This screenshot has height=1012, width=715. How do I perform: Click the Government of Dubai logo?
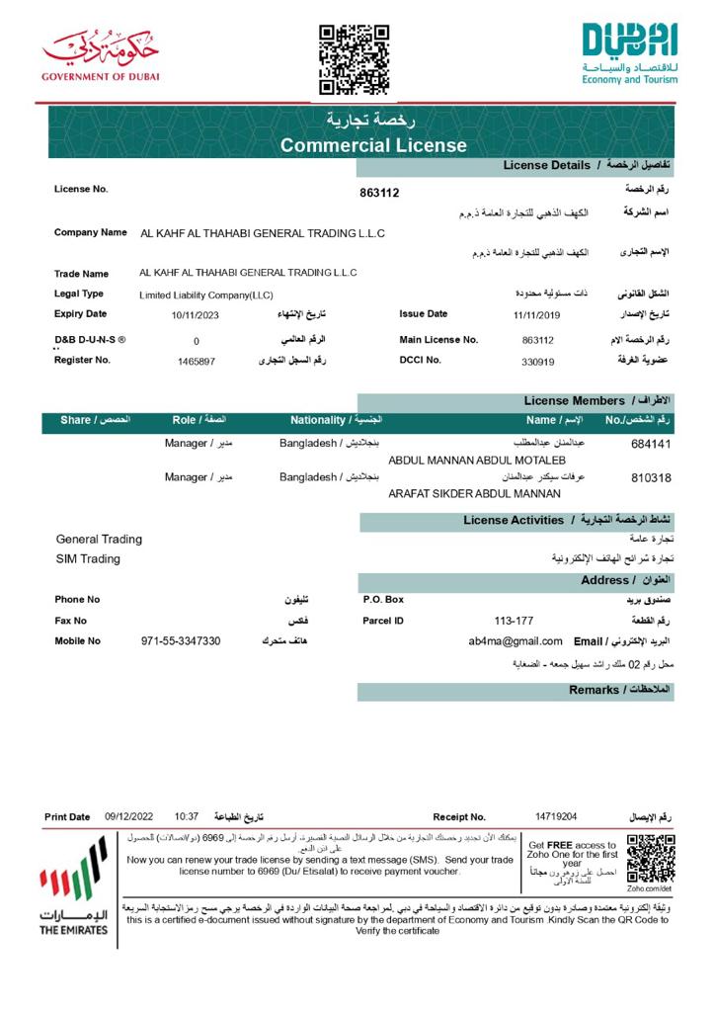100,55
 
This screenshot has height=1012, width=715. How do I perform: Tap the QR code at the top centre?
354,59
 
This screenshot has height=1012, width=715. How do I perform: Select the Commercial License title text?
373,145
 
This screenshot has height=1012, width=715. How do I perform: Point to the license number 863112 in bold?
380,193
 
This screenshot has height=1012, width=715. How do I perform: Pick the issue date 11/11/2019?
536,315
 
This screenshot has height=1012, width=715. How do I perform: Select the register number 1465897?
197,362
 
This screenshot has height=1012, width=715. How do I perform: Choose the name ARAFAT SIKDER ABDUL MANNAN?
474,493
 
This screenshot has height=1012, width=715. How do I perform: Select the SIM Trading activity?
88,559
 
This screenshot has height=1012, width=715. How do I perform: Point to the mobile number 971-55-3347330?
181,641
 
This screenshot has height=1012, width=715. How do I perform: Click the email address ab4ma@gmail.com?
516,641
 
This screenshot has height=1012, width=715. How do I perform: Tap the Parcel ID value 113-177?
514,621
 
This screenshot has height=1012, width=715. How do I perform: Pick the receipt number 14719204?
556,816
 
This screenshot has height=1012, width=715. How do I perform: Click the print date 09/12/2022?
129,816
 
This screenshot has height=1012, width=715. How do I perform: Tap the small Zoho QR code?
650,858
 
